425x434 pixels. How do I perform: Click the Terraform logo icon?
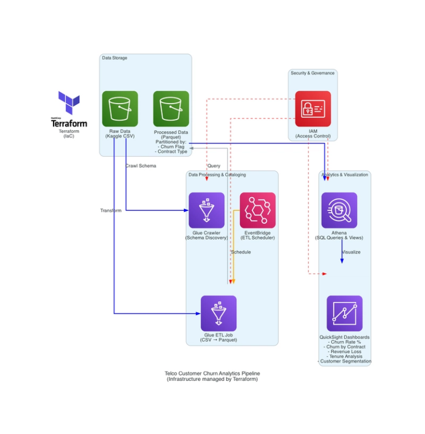[x=69, y=104]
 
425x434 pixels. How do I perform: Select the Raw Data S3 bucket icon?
[x=120, y=109]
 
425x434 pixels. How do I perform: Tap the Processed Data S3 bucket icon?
[x=171, y=109]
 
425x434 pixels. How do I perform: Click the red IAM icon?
[x=313, y=109]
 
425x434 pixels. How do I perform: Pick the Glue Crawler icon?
[x=206, y=210]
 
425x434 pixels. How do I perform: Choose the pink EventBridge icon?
[x=257, y=210]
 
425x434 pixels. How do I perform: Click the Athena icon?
[x=339, y=210]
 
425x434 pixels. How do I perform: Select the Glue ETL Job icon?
[x=219, y=313]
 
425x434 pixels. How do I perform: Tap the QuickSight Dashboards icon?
[x=344, y=313]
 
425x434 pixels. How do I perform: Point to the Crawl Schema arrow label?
[x=141, y=166]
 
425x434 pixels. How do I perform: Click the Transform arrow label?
[x=111, y=211]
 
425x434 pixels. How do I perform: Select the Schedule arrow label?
[x=241, y=252]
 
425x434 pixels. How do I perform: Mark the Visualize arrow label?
[x=351, y=252]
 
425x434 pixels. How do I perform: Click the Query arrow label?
[x=214, y=166]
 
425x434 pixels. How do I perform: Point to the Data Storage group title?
[x=115, y=58]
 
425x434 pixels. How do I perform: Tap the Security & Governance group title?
[x=313, y=73]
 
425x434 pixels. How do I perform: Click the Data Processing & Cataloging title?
[x=217, y=175]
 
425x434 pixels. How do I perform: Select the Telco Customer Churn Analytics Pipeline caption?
[x=212, y=374]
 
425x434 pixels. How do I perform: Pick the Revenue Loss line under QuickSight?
[x=344, y=352]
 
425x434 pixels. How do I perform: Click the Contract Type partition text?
[x=172, y=152]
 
